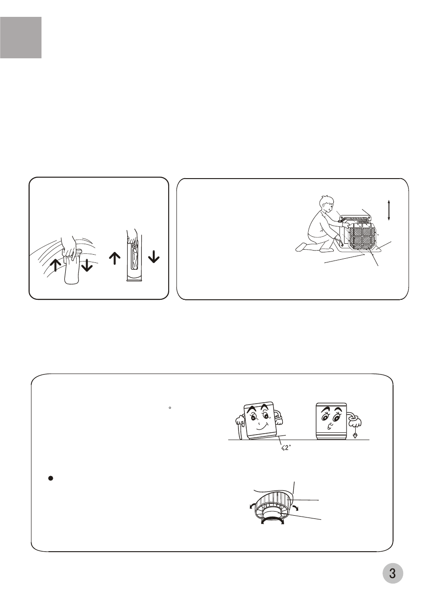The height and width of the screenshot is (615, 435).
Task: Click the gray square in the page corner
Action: point(21,38)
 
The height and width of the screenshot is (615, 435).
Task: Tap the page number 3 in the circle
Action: point(393,573)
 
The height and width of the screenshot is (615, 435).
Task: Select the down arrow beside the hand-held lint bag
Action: point(87,265)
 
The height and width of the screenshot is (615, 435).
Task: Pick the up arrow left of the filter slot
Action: point(114,259)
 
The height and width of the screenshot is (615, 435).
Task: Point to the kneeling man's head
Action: point(326,204)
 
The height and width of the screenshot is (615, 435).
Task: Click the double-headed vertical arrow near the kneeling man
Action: point(389,210)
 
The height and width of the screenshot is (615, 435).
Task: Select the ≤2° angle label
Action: point(286,448)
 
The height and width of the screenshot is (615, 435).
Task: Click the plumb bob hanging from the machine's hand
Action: point(355,435)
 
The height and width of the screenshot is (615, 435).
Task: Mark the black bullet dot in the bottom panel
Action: point(51,478)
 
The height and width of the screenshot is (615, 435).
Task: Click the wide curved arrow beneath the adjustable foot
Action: point(272,520)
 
